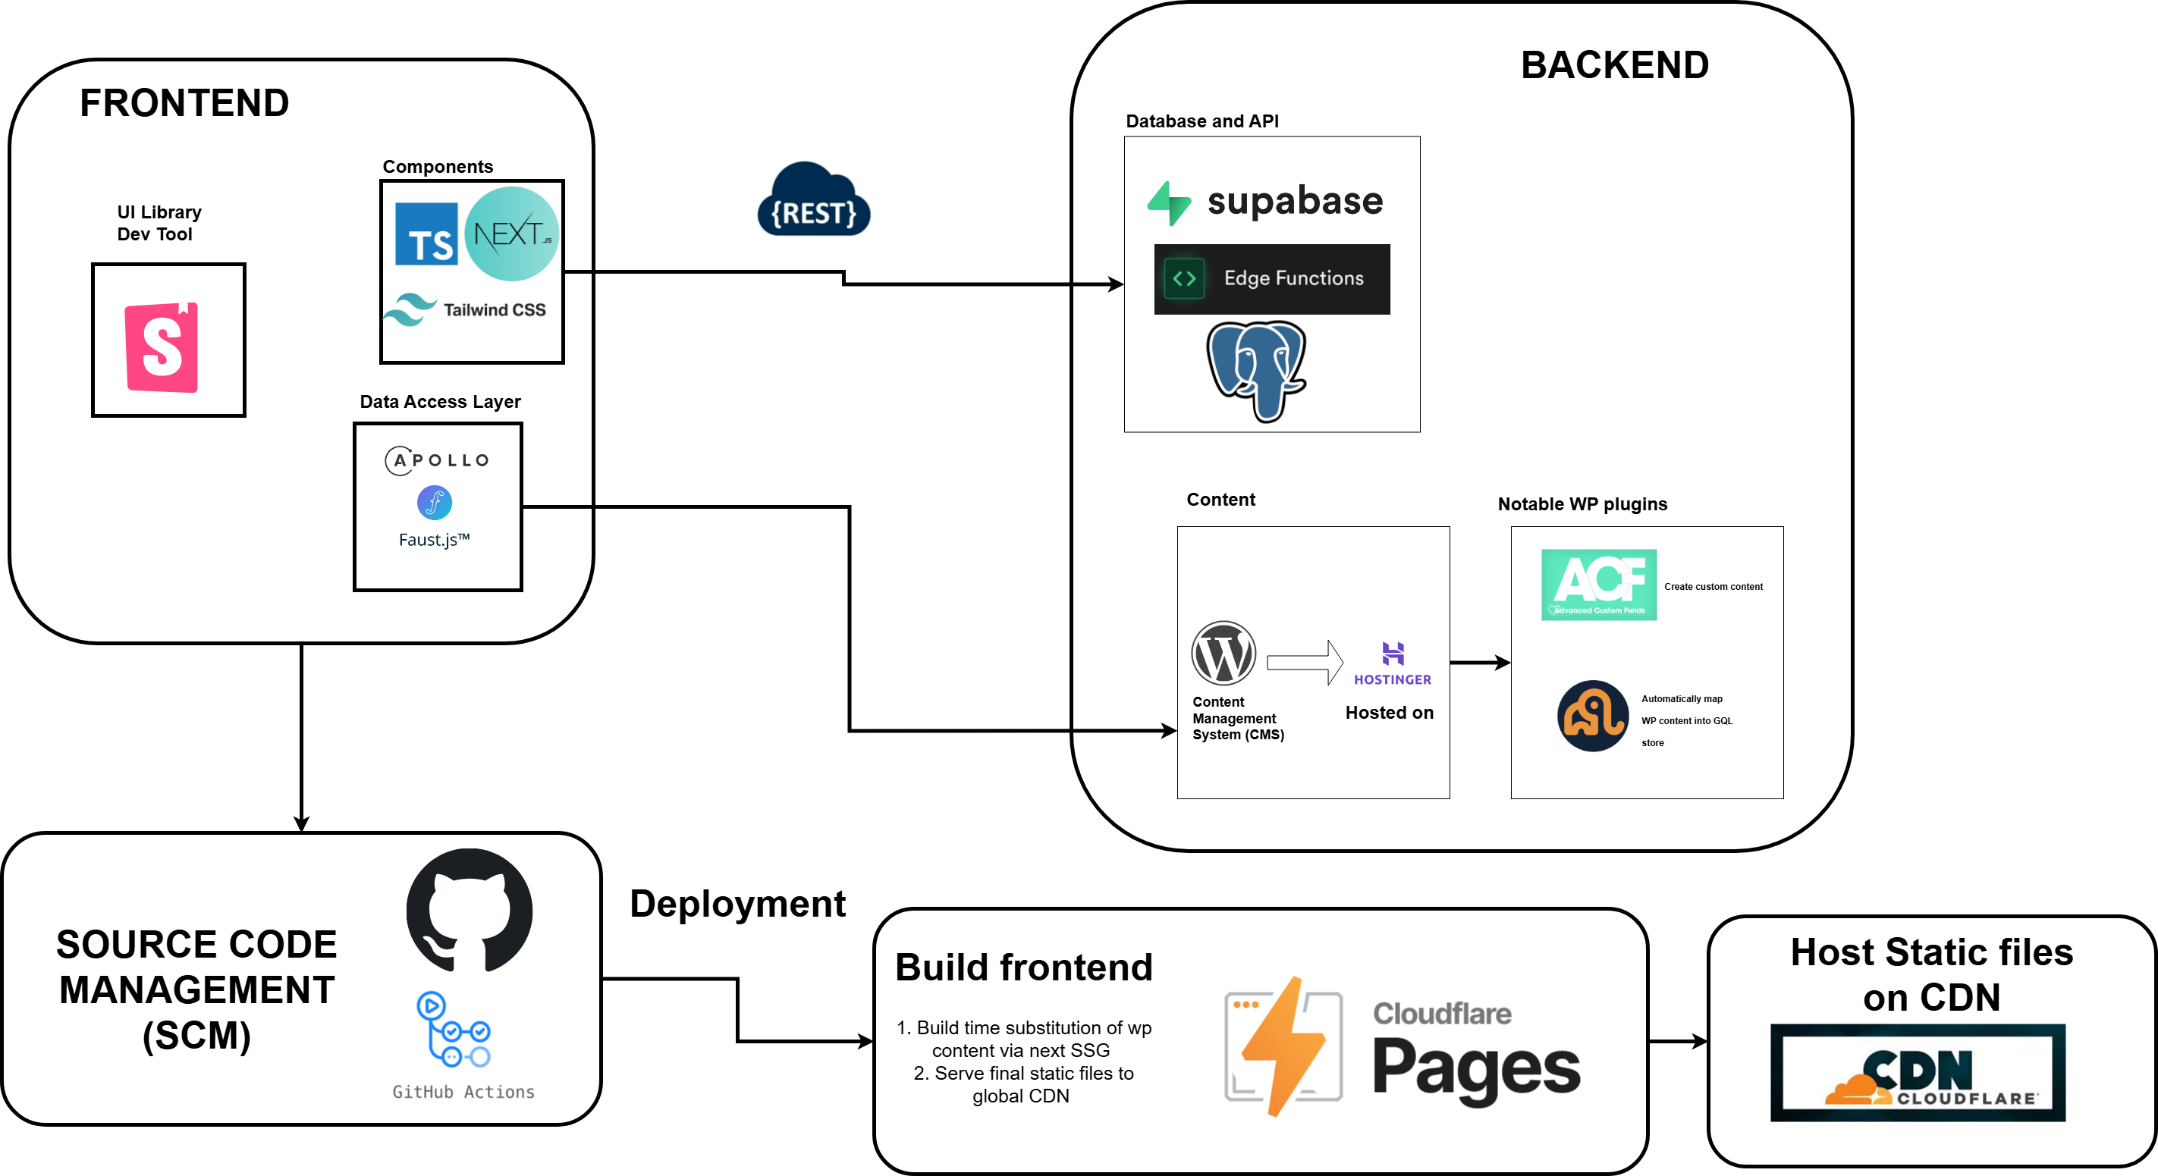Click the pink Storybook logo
pos(162,347)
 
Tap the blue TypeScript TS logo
pos(426,234)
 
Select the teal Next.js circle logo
pos(511,234)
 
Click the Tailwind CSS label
pos(494,310)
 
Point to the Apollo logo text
pos(438,459)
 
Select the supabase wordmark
pos(1294,201)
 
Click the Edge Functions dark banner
pos(1272,279)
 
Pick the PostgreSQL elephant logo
pos(1256,369)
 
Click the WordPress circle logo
pos(1223,654)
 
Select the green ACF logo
pos(1598,585)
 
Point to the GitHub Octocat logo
pos(469,911)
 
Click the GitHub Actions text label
pos(463,1091)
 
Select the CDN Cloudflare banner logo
pos(1918,1073)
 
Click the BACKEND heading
pos(1614,65)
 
